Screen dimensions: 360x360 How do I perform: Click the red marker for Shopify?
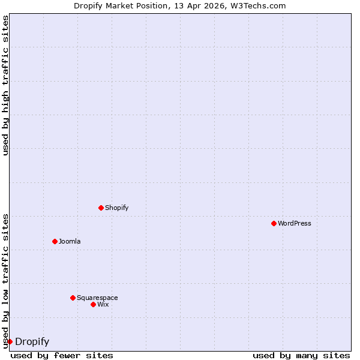[x=101, y=208]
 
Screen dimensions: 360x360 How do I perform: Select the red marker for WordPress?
[x=274, y=223]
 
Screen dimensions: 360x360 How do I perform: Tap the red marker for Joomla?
[x=55, y=241]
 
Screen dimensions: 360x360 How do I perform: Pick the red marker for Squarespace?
[x=73, y=298]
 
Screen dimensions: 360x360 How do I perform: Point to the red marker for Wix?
[x=93, y=304]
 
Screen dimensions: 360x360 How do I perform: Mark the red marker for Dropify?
[x=10, y=341]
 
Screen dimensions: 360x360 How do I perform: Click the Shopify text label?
[x=116, y=208]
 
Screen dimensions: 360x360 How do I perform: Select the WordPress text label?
[x=294, y=224]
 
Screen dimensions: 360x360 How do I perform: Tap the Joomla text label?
[x=70, y=242]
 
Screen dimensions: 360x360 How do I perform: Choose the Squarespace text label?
[x=97, y=298]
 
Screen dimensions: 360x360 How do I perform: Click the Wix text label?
[x=103, y=305]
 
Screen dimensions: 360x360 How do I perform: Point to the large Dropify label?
[x=32, y=342]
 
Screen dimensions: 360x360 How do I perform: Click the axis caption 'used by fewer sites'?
[x=62, y=356]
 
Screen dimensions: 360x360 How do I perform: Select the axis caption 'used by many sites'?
[x=301, y=356]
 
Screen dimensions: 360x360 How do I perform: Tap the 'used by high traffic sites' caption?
[x=6, y=85]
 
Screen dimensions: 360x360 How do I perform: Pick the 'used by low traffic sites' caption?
[x=6, y=281]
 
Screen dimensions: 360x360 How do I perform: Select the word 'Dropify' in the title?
[x=88, y=6]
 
